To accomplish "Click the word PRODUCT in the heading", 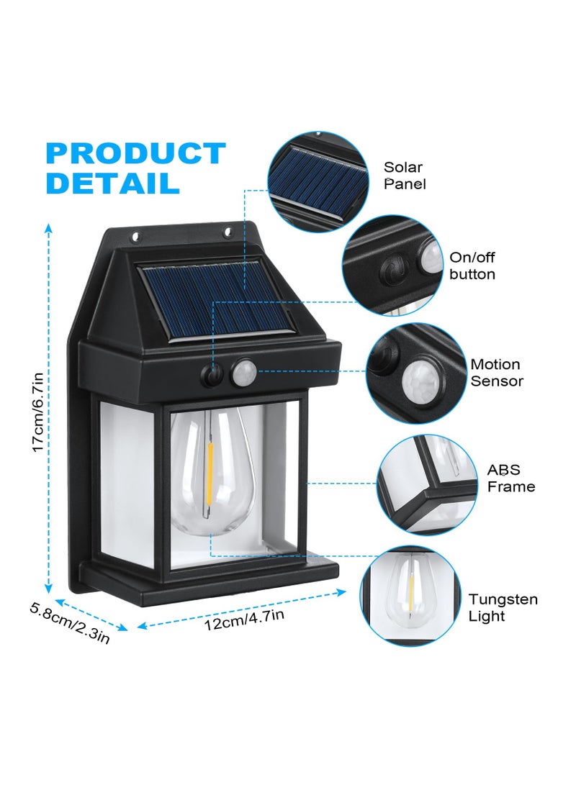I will pos(135,154).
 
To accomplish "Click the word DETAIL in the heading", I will pos(112,183).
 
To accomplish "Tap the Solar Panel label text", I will pos(404,176).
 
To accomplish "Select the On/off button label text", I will pos(472,266).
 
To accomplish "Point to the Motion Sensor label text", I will pos(496,373).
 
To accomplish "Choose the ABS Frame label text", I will pos(511,478).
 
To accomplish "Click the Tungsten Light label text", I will pos(503,607).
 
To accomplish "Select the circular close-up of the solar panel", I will pos(318,182).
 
